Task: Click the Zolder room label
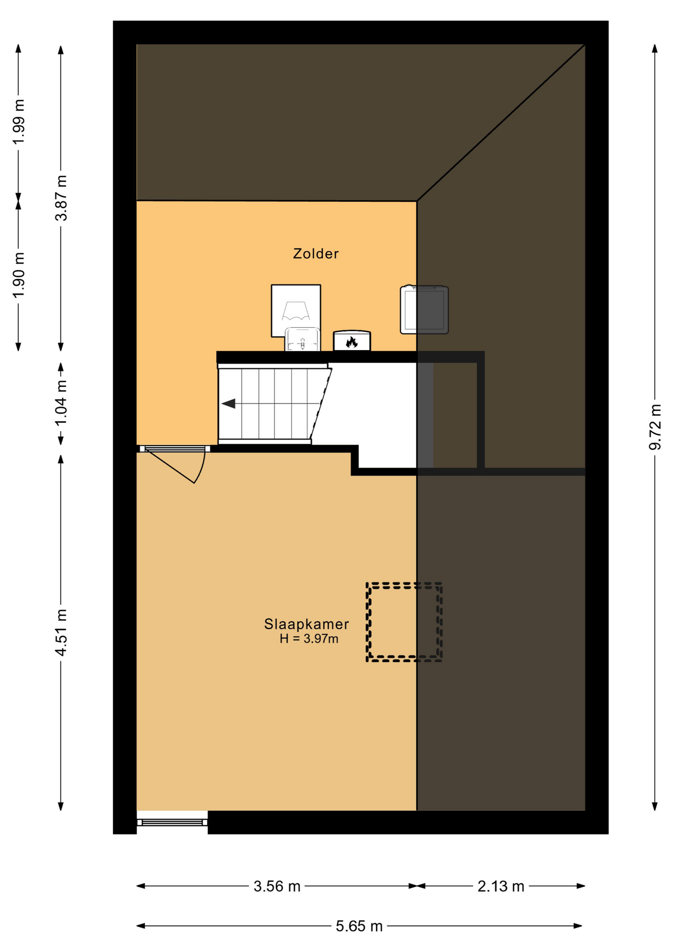(x=316, y=253)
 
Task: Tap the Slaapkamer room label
(x=306, y=624)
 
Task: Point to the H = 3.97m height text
(x=309, y=639)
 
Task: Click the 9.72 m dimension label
(x=655, y=427)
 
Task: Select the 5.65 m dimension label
(x=359, y=926)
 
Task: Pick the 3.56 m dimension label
(x=277, y=886)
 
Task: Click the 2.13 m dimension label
(x=501, y=886)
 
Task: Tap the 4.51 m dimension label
(x=60, y=633)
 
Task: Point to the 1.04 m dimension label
(x=60, y=403)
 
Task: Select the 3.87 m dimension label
(x=60, y=198)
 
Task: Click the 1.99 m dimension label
(x=19, y=122)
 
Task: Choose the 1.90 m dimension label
(x=19, y=275)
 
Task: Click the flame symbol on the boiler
(x=352, y=342)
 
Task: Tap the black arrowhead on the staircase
(x=228, y=404)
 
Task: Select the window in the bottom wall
(x=172, y=822)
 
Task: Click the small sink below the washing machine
(x=302, y=339)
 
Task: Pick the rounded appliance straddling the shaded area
(x=424, y=309)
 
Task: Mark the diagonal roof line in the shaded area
(x=501, y=122)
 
